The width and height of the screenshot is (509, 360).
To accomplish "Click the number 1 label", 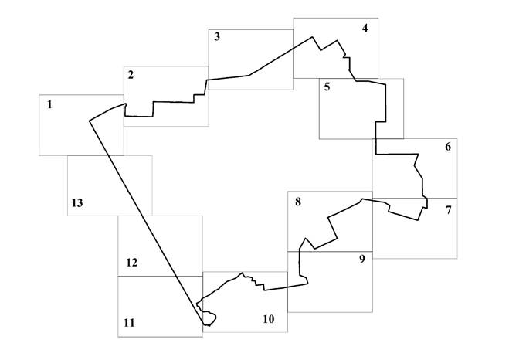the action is click(49, 104).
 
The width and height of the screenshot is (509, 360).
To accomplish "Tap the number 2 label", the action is click(131, 75).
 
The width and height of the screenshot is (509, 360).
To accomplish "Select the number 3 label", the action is click(217, 36).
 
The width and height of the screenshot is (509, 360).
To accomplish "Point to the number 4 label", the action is click(365, 29).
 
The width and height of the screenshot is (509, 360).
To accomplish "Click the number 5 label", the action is click(327, 87).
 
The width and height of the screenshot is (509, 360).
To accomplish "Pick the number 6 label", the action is click(448, 147).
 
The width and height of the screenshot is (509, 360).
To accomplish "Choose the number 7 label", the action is click(448, 210).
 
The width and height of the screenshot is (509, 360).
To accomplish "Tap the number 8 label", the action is click(298, 202).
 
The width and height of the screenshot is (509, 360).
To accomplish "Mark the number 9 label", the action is click(362, 259).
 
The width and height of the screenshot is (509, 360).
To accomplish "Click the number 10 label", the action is click(269, 319).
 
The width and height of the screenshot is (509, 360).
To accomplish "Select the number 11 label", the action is click(129, 323).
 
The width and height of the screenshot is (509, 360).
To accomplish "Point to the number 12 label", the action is click(131, 263).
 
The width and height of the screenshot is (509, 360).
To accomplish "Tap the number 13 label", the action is click(77, 203).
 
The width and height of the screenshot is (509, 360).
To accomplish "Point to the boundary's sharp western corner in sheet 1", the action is click(90, 121).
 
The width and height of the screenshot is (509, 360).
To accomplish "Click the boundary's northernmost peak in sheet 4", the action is click(313, 36).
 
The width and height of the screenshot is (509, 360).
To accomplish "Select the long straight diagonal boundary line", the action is click(146, 222).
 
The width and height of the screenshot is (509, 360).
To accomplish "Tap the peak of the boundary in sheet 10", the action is click(242, 273).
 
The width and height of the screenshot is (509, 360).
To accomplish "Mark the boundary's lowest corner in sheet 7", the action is click(418, 220).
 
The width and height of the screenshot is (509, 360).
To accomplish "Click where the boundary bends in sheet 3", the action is click(249, 75).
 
